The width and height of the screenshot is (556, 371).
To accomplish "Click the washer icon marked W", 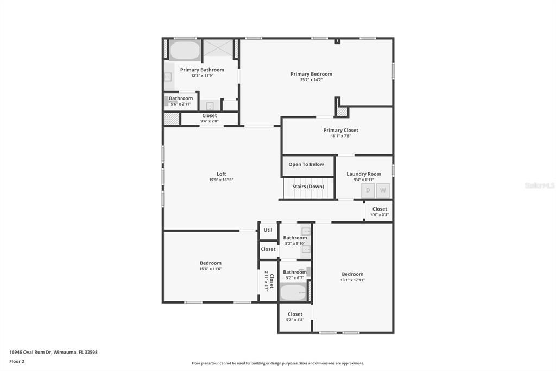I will coord(383,190).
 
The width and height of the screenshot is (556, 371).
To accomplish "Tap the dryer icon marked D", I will coord(368,190).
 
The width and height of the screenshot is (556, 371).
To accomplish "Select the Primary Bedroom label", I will coord(311,74).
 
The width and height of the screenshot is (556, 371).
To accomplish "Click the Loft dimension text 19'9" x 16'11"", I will coord(221,180).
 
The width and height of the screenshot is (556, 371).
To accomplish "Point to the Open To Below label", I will coord(306,164).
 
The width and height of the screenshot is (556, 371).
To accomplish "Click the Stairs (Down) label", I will coord(308,187).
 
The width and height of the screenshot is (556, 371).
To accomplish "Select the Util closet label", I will coord(268,230).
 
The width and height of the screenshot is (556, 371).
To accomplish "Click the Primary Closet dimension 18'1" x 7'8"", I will coord(340,136).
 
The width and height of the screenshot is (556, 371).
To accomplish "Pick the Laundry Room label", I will coord(364,174).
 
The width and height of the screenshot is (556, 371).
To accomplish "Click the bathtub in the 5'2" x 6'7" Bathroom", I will coord(293,293).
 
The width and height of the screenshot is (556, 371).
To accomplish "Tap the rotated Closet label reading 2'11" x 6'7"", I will coord(269,282).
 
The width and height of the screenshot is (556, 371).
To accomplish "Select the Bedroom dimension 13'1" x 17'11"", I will coord(352,280).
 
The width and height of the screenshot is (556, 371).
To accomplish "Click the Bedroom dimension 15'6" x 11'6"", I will coord(211,269).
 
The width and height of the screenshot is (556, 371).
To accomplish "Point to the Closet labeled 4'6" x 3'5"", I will coord(380,211).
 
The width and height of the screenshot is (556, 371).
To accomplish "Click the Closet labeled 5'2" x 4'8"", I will coord(295,317).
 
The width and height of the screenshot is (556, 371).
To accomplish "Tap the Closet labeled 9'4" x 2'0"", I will coord(210,118).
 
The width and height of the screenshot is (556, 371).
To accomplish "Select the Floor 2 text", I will coord(17,361).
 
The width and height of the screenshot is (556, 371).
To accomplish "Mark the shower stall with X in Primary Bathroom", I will coord(218,48).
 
